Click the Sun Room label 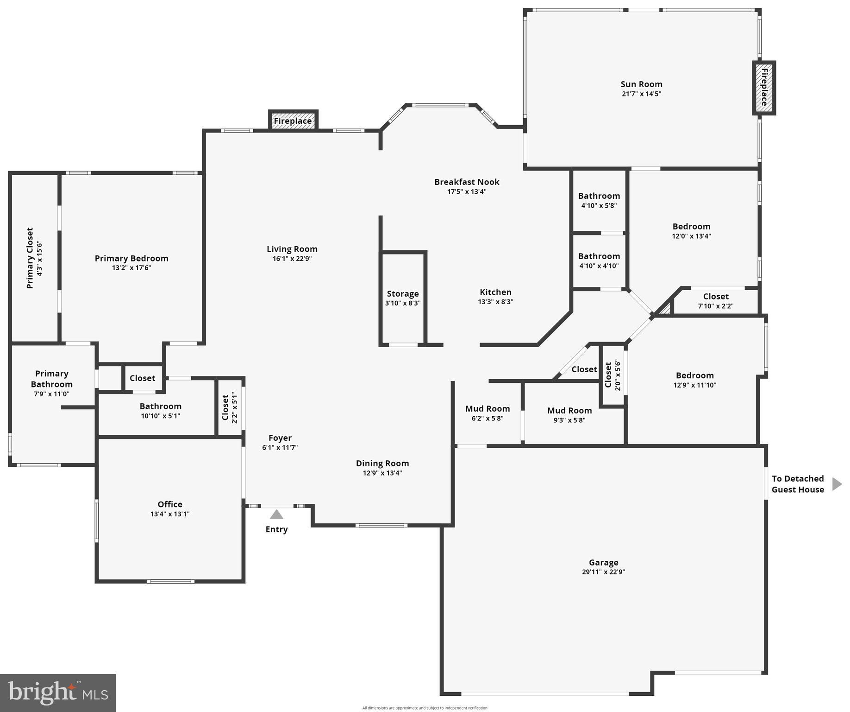pyautogui.click(x=641, y=84)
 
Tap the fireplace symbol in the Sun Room pyautogui.click(x=764, y=88)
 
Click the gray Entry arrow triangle pyautogui.click(x=276, y=515)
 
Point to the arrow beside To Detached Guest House pyautogui.click(x=837, y=484)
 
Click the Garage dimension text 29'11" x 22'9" pyautogui.click(x=603, y=572)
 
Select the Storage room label pyautogui.click(x=403, y=293)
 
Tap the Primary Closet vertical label pyautogui.click(x=30, y=258)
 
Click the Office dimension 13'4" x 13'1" pyautogui.click(x=170, y=514)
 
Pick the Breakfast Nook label pyautogui.click(x=467, y=182)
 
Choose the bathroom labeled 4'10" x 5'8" pyautogui.click(x=599, y=200)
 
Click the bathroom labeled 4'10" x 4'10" pyautogui.click(x=599, y=261)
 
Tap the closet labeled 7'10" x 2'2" pyautogui.click(x=715, y=301)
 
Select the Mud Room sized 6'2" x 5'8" pyautogui.click(x=487, y=413)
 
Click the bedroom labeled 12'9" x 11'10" pyautogui.click(x=694, y=380)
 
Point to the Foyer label pyautogui.click(x=280, y=438)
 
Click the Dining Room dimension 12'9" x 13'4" pyautogui.click(x=382, y=473)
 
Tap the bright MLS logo pyautogui.click(x=58, y=693)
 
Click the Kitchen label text pyautogui.click(x=495, y=292)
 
